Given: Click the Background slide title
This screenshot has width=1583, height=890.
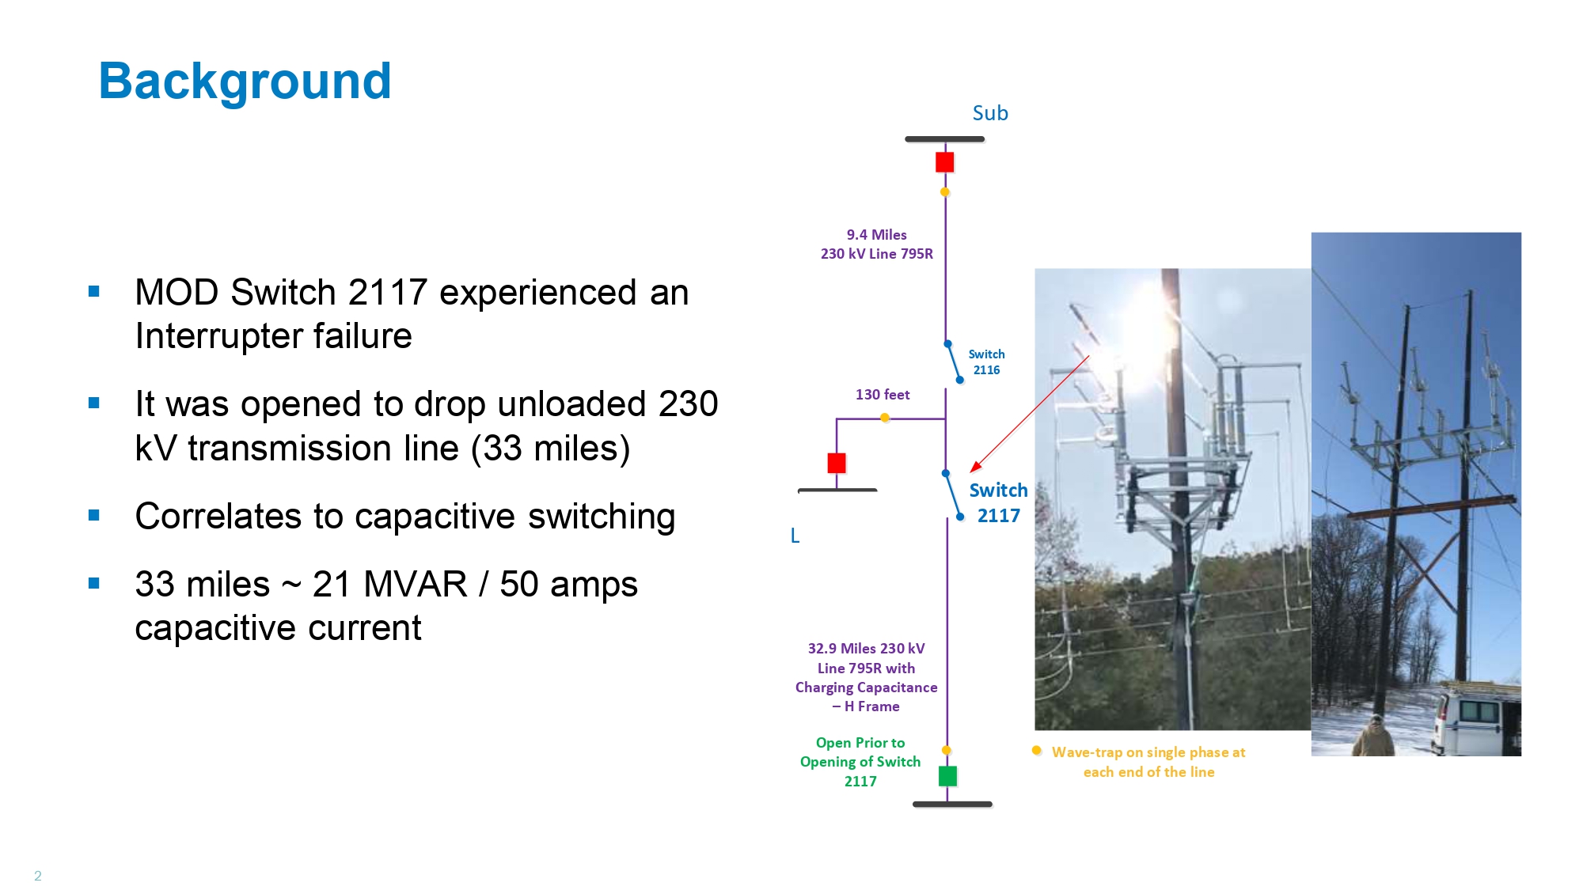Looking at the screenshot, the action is coord(245,81).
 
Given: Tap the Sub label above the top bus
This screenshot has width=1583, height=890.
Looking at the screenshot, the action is coord(990,113).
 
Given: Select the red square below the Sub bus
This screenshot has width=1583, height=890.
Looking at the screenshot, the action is coord(944,162).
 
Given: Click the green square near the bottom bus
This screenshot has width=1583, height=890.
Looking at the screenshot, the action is coord(947,776).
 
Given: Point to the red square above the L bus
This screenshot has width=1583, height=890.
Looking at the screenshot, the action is coord(837,463).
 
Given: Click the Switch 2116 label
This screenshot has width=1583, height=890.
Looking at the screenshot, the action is coord(986,362).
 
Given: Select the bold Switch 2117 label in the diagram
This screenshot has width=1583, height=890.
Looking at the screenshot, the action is coord(998,503).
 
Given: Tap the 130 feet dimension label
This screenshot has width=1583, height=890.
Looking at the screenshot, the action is coord(883,394).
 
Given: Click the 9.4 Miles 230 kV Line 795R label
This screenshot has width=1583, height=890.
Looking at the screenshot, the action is coord(877,244).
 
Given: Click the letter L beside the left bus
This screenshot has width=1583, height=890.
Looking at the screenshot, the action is coord(795,536).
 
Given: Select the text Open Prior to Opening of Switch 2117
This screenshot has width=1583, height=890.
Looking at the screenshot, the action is coord(860,762).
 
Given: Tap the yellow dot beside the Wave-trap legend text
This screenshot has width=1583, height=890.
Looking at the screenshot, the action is coord(1036,751).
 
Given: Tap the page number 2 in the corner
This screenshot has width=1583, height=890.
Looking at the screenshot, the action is coord(37,876).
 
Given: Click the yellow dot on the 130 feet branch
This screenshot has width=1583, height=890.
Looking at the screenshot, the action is coord(885,418).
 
